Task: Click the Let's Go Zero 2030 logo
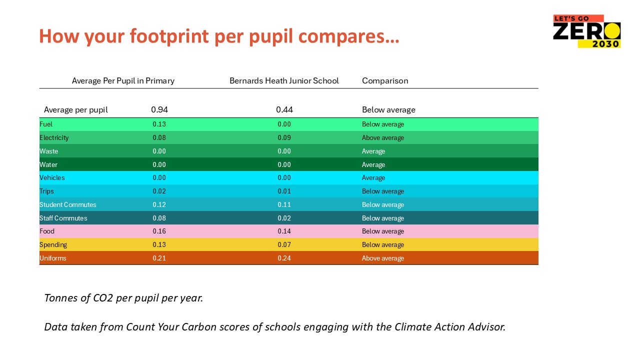click(586, 31)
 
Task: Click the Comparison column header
click(385, 80)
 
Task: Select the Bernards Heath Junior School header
click(284, 80)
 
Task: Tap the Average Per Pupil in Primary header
click(123, 80)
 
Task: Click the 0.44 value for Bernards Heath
click(284, 109)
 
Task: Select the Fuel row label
click(46, 124)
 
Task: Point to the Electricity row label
click(54, 137)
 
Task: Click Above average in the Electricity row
click(383, 137)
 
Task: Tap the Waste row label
click(48, 151)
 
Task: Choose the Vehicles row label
click(52, 177)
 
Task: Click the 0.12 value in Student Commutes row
click(159, 204)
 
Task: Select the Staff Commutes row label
click(63, 218)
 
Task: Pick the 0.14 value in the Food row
click(284, 231)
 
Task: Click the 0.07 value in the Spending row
click(284, 244)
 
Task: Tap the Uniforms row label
click(52, 258)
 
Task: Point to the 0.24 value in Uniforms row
click(284, 258)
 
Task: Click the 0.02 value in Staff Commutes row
click(284, 218)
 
